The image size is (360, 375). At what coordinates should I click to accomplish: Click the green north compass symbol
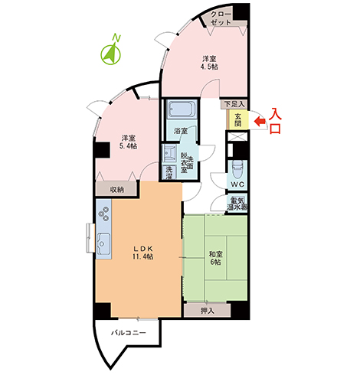point(110,51)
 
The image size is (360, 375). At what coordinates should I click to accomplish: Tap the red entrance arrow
point(260,121)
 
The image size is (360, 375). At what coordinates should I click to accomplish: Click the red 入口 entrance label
point(276,121)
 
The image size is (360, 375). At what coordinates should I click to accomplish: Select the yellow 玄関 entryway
point(237,119)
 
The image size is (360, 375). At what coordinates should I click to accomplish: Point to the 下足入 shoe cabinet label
point(234,104)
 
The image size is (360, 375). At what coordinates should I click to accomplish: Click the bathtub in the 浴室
point(182,109)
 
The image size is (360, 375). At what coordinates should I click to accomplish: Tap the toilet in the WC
point(237,169)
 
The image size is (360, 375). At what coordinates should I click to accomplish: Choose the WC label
point(237,184)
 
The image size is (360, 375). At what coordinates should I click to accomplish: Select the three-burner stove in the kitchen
point(105,214)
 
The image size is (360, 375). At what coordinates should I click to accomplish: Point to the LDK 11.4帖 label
point(143,253)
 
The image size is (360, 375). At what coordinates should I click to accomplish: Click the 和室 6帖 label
point(216,258)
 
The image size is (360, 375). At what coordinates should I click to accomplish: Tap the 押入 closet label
point(208,311)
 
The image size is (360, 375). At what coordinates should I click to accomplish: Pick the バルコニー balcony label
point(129,333)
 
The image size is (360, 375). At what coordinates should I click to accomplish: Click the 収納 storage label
point(117,190)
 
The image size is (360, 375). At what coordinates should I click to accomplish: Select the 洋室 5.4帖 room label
point(129,142)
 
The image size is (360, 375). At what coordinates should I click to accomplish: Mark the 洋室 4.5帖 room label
point(210,63)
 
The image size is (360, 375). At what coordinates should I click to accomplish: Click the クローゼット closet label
point(221,18)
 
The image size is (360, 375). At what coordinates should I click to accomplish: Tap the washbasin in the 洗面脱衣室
point(169,154)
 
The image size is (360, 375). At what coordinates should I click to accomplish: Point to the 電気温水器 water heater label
point(237,204)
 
